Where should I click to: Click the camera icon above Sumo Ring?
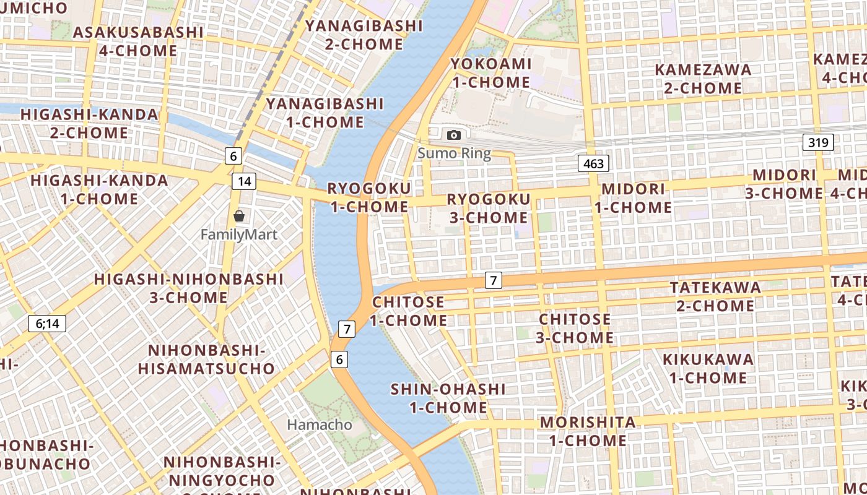[454, 135]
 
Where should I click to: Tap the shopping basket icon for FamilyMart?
[239, 216]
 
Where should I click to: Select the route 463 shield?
[593, 163]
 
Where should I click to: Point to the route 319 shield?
[818, 142]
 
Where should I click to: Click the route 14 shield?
[244, 181]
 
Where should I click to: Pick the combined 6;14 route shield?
[47, 323]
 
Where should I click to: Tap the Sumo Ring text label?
[454, 153]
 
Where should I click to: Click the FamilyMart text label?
[239, 235]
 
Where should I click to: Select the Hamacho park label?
[320, 425]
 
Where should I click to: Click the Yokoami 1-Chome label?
[490, 73]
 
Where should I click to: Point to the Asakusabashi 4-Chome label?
[138, 41]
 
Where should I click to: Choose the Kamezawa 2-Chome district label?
[703, 79]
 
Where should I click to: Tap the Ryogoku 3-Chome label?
[489, 209]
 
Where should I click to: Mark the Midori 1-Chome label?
[634, 198]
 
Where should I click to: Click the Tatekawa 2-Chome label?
[715, 296]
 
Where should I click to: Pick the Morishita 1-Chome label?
[588, 431]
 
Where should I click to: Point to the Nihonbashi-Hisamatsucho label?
[206, 359]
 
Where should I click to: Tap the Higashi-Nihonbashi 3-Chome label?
[189, 288]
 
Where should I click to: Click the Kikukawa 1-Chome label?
[708, 368]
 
